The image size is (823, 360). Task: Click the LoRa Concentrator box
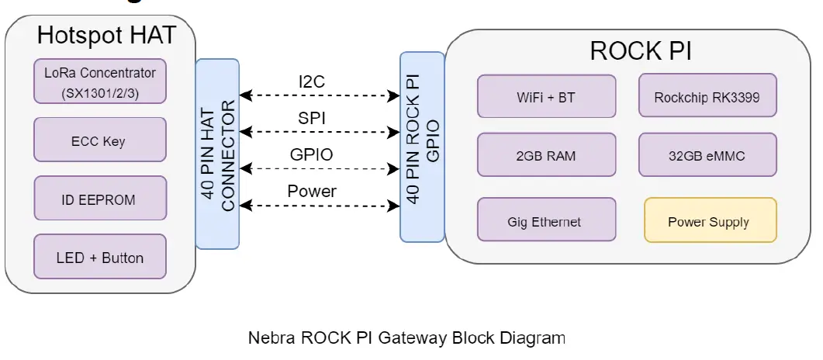(100, 81)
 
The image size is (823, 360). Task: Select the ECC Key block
(100, 140)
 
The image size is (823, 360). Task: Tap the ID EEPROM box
(100, 199)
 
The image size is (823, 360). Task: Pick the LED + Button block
(100, 257)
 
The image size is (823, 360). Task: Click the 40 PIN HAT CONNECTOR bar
(217, 154)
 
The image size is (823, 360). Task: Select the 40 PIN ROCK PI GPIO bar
(423, 147)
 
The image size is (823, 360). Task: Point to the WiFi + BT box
(546, 98)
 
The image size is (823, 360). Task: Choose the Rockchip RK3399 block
(707, 98)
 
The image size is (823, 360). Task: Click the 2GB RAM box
(546, 155)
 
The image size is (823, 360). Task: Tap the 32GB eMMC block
(707, 155)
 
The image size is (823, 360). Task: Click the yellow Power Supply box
(709, 221)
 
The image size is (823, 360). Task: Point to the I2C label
(312, 81)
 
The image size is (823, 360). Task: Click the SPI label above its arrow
(312, 118)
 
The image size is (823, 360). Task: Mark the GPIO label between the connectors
(312, 154)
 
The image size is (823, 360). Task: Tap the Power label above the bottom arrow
(312, 191)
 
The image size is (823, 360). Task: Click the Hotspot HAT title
(107, 36)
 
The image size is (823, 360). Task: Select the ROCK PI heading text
(641, 51)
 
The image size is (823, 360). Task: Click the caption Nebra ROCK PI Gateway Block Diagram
(406, 338)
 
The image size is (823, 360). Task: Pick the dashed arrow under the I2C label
(319, 95)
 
